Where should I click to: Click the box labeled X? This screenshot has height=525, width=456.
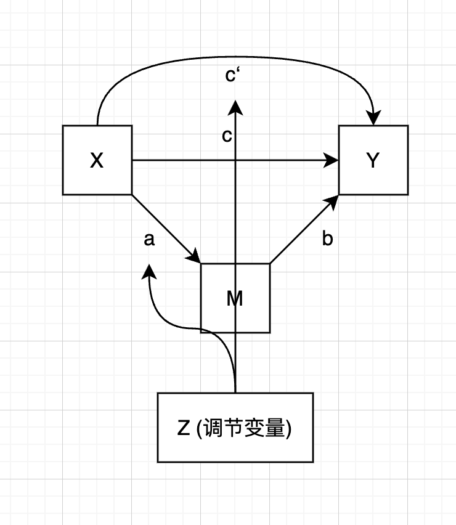(x=97, y=160)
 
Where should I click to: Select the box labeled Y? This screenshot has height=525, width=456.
(x=373, y=160)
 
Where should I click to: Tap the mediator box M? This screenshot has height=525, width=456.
(x=235, y=298)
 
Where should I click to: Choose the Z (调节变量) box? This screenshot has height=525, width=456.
(x=235, y=427)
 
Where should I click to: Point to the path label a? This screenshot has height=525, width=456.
(x=149, y=240)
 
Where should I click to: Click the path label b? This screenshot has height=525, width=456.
(x=327, y=240)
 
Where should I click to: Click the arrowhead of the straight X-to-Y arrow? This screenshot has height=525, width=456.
(x=333, y=161)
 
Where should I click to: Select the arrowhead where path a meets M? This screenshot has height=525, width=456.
(x=195, y=257)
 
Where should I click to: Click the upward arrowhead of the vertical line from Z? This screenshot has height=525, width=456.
(x=235, y=108)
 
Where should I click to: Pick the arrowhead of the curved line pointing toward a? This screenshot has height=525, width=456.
(x=149, y=272)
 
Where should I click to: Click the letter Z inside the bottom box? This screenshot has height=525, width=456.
(x=183, y=428)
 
